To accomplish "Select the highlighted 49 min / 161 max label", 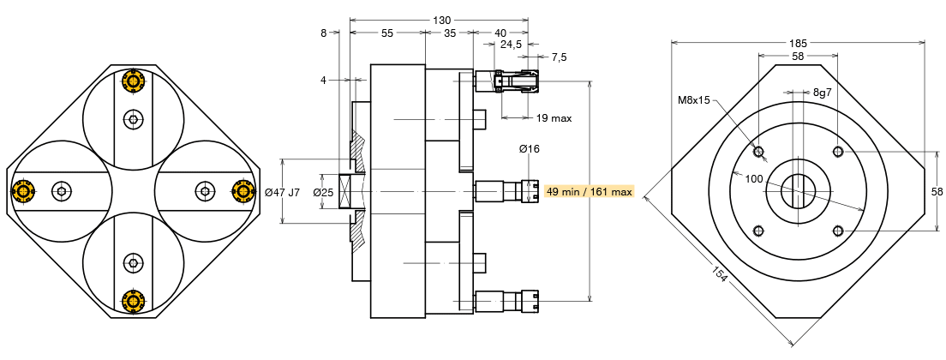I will (589, 191).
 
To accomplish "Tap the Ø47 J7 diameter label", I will (283, 192).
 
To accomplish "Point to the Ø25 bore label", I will (323, 192).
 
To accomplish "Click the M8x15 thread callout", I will (694, 100).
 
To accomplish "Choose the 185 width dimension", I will (798, 43).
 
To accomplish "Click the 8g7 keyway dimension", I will (823, 92).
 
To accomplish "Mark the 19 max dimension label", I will (554, 117).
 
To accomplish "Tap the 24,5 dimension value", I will (511, 44).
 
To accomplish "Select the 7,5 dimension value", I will (559, 57).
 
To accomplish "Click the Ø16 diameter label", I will (529, 149).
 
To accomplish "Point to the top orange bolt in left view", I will (133, 81).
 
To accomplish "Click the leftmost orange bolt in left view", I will (22, 190).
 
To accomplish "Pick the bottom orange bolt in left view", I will (133, 301).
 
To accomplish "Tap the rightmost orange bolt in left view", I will (243, 190).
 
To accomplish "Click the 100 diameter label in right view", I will (754, 179).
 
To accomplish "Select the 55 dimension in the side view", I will (387, 33).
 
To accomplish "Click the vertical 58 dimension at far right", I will (937, 191).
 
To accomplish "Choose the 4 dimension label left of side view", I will (323, 80).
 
